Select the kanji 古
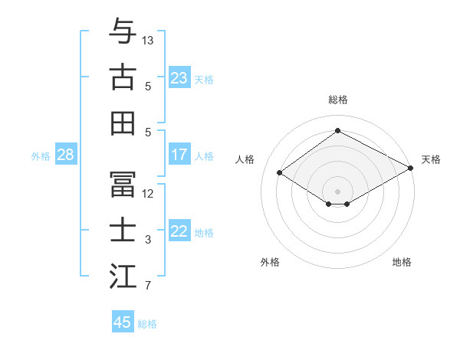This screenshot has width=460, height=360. click(x=123, y=77)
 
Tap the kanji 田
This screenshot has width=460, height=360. click(x=123, y=123)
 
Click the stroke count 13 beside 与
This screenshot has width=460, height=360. click(x=148, y=39)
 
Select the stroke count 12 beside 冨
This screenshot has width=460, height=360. click(x=148, y=193)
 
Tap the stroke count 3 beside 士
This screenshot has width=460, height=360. click(x=148, y=240)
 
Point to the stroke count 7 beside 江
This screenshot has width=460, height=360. click(x=148, y=286)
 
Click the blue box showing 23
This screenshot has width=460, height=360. click(x=179, y=78)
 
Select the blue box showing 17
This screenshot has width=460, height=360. click(x=179, y=155)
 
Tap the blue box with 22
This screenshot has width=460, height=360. click(x=179, y=232)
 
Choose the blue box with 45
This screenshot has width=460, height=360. click(x=123, y=322)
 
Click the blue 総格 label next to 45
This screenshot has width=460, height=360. click(x=147, y=324)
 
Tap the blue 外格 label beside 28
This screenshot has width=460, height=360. click(x=41, y=156)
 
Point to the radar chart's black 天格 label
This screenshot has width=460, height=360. click(x=431, y=159)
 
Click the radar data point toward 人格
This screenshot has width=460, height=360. click(x=280, y=173)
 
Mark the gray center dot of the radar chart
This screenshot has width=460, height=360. click(x=337, y=190)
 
